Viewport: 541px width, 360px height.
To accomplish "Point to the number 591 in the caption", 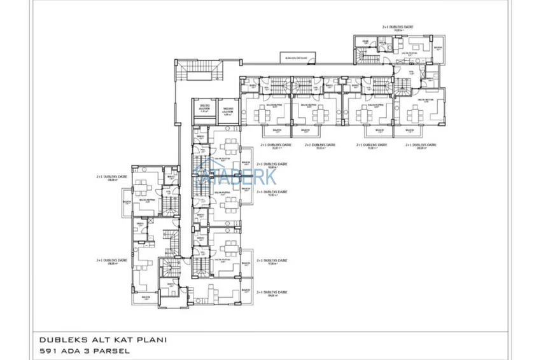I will (49, 350).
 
